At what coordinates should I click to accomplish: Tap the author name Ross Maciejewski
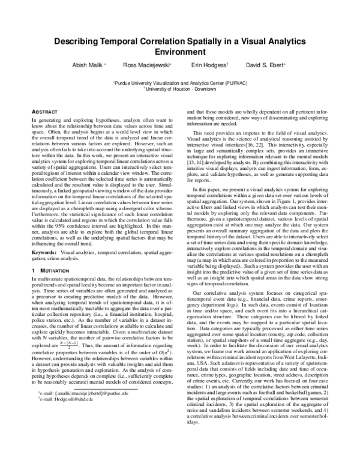click(x=146, y=65)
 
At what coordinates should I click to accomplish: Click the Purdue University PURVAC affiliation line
click(x=180, y=82)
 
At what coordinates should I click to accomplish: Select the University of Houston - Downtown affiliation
click(x=181, y=88)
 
